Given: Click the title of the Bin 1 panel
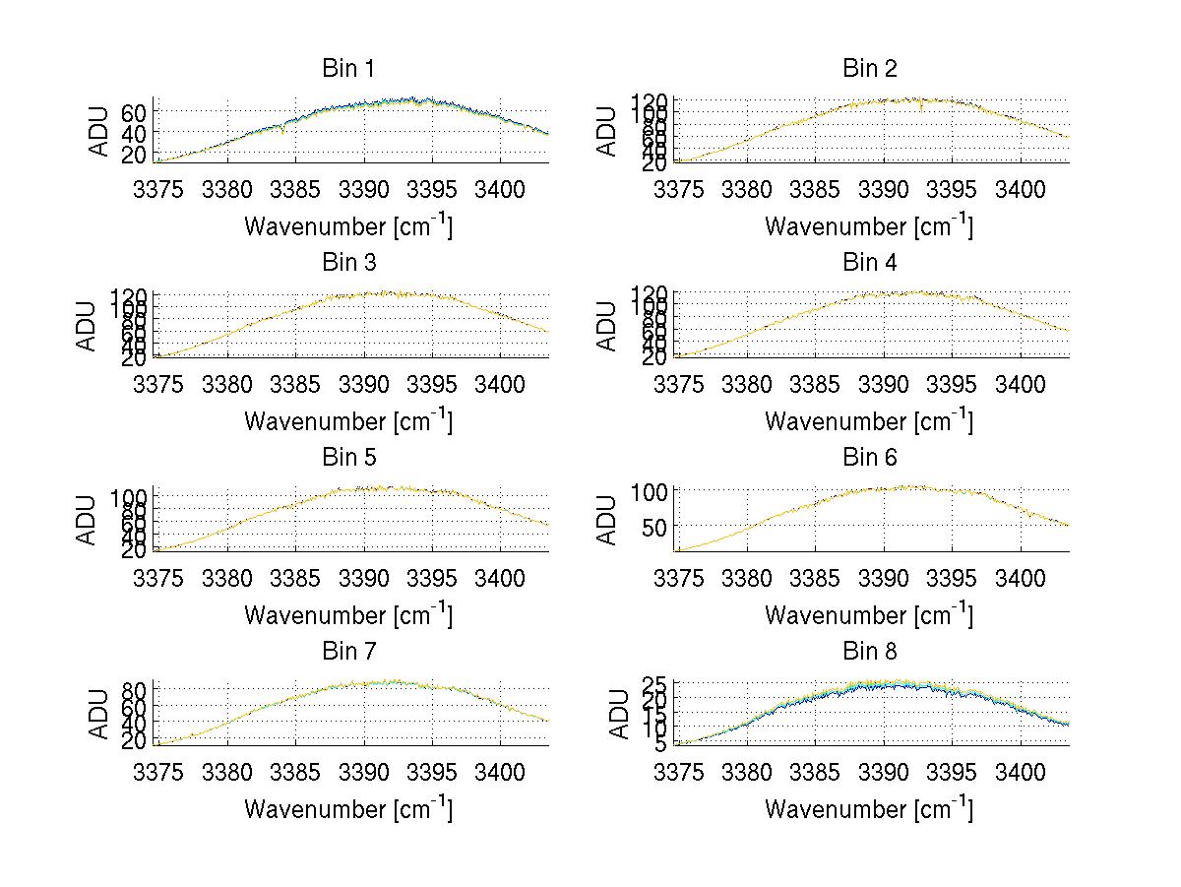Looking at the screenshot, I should [x=348, y=68].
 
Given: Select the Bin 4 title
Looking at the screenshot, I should [x=870, y=263].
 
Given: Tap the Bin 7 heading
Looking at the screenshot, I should [x=348, y=652].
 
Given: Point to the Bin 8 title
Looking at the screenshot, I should [x=870, y=652].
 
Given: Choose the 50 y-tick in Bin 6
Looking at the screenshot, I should [x=655, y=527].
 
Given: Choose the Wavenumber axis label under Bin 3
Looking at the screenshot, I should [x=348, y=421].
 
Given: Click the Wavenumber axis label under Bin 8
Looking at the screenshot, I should [x=870, y=809].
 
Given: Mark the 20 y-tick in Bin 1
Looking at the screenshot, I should [x=135, y=154].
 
